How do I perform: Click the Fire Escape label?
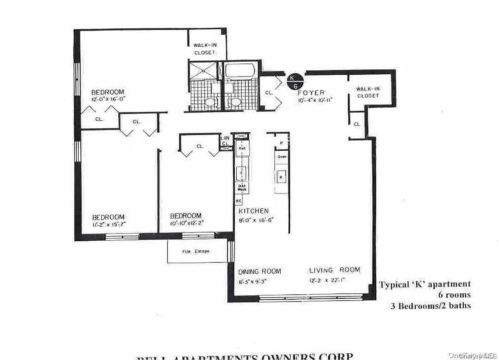click(196, 252)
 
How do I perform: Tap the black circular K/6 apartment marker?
click(296, 81)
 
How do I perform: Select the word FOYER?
click(311, 93)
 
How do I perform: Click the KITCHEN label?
click(254, 211)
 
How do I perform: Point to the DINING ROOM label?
click(260, 271)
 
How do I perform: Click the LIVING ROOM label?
click(334, 270)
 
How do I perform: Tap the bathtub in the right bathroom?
click(240, 71)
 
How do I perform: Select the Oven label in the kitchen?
click(282, 157)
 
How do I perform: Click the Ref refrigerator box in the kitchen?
click(242, 148)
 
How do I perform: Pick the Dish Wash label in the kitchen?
click(241, 189)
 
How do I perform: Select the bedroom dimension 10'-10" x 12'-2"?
click(186, 223)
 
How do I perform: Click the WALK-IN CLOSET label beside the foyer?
click(368, 92)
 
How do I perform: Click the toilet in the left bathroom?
click(209, 103)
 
